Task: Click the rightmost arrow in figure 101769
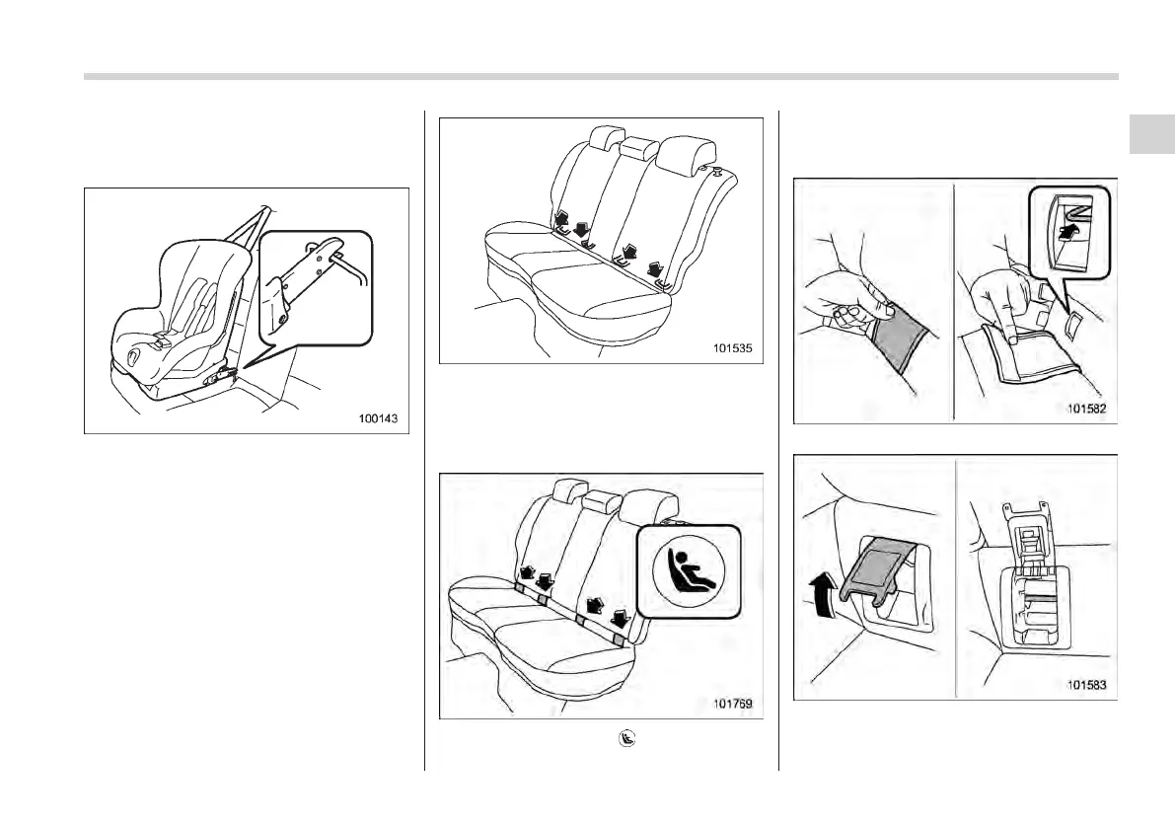(x=622, y=620)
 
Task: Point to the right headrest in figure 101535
(x=682, y=152)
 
